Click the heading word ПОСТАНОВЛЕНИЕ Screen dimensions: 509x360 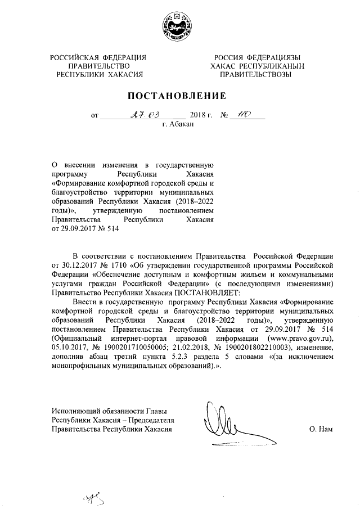(x=179, y=95)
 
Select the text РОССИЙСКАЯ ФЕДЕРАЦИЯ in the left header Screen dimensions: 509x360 (x=99, y=57)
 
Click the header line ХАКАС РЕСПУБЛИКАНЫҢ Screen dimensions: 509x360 (x=254, y=65)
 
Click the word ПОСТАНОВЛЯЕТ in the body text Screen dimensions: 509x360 (x=207, y=292)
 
